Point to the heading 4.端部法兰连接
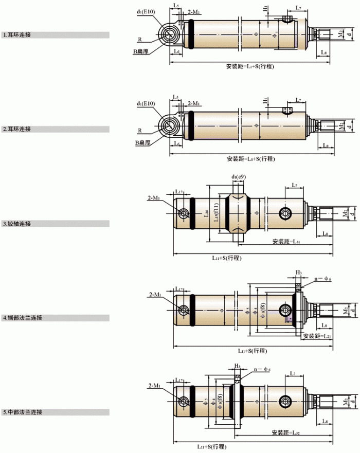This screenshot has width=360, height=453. click(x=22, y=318)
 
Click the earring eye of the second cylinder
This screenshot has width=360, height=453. click(x=169, y=125)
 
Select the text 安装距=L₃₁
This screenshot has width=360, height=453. click(x=287, y=241)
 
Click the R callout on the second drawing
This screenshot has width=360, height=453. click(x=139, y=131)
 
